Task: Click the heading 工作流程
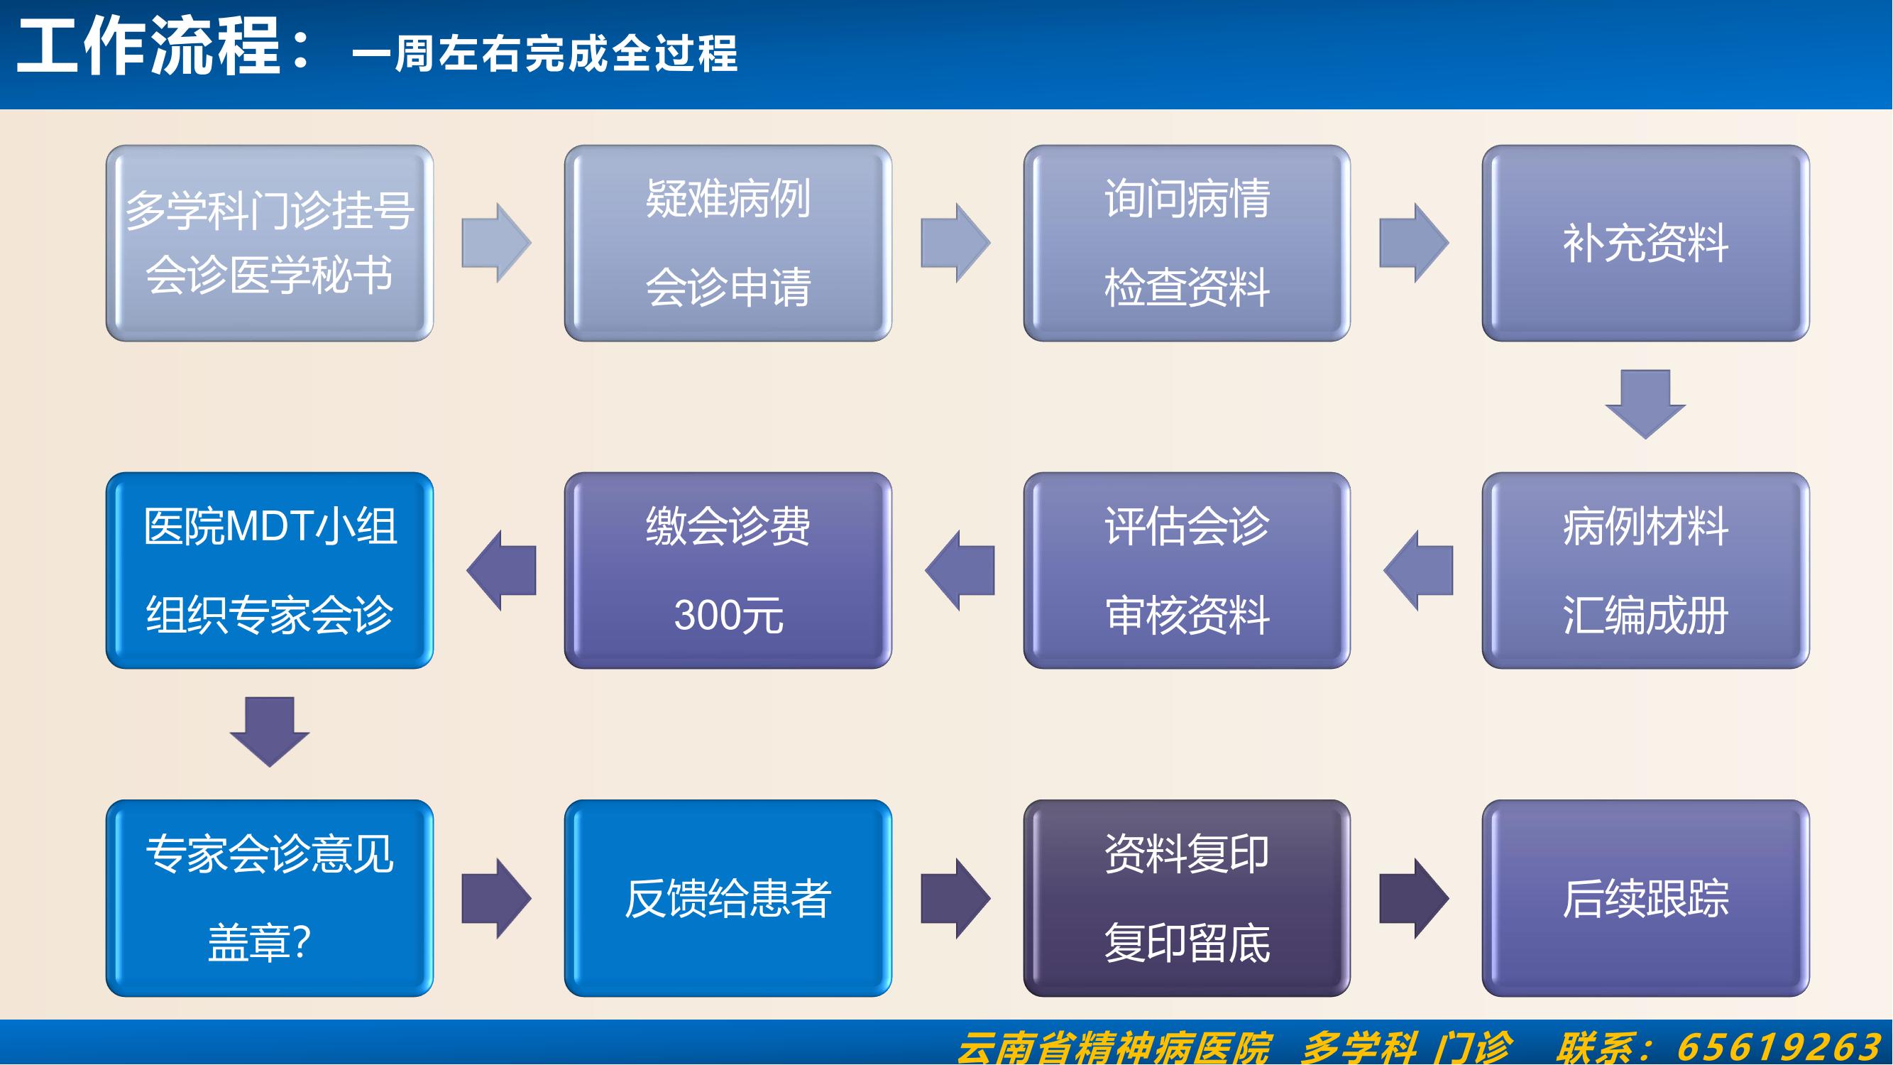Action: click(x=149, y=48)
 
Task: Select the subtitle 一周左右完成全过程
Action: click(x=544, y=55)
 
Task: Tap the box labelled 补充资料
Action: click(x=1645, y=244)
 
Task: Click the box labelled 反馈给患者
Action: click(x=728, y=898)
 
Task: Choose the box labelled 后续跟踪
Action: click(x=1645, y=898)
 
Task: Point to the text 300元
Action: click(x=728, y=615)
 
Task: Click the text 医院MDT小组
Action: click(x=270, y=526)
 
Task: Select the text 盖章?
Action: click(x=258, y=943)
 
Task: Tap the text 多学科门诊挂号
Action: click(x=270, y=211)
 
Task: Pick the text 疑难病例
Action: click(x=728, y=199)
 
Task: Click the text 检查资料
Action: click(x=1186, y=288)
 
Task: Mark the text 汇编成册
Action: click(x=1645, y=615)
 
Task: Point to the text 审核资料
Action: click(x=1186, y=615)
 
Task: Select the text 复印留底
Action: click(x=1186, y=943)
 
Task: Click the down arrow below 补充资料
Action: click(x=1645, y=403)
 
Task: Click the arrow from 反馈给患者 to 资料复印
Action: click(x=955, y=898)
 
